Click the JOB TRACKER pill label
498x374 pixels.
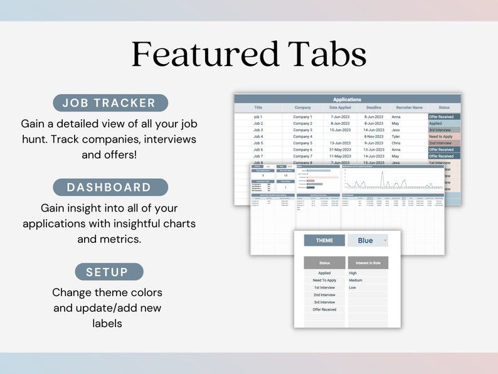click(110, 103)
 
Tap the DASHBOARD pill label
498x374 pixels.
click(110, 187)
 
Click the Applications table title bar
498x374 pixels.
click(347, 99)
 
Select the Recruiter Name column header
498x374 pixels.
click(409, 108)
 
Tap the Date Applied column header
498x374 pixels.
click(339, 108)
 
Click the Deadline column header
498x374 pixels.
click(374, 108)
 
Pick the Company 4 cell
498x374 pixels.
click(302, 136)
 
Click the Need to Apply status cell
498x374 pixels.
click(444, 136)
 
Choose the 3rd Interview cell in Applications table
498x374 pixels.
click(444, 130)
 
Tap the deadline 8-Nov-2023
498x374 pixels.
click(374, 136)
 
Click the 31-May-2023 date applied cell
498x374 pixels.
click(339, 149)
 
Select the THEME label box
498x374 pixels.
click(324, 240)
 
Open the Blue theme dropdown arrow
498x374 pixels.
click(385, 240)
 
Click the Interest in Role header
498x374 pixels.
click(368, 263)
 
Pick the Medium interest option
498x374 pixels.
click(356, 280)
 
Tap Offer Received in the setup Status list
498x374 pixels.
click(324, 309)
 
